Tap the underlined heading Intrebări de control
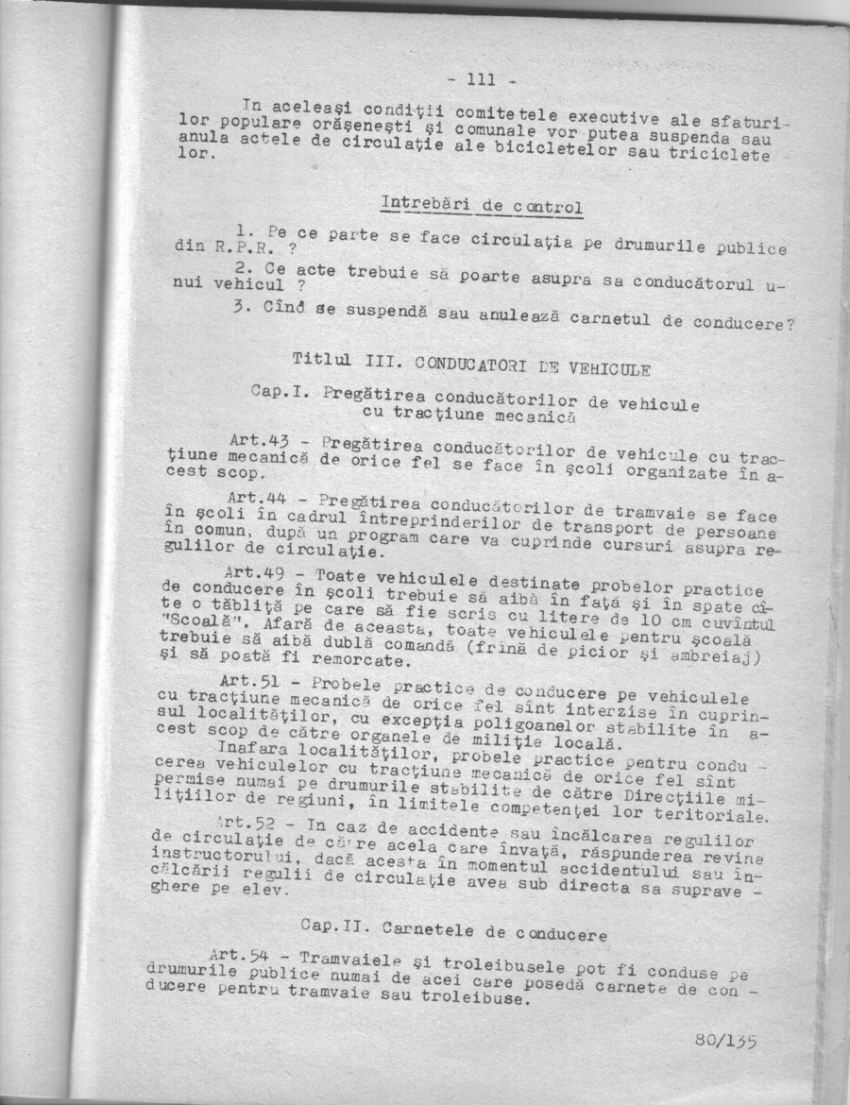click(481, 205)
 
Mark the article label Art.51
click(249, 680)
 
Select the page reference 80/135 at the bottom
click(726, 1041)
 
